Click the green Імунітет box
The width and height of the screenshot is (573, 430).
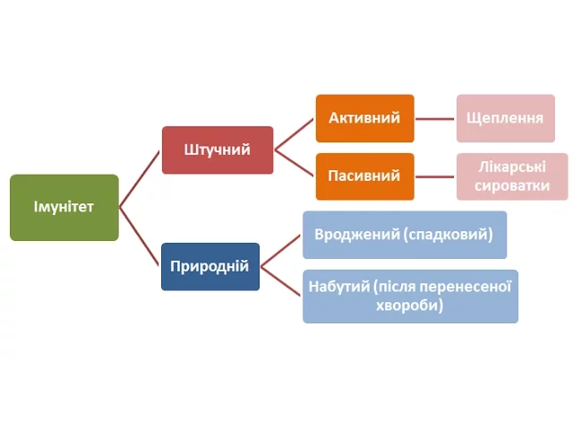point(64,207)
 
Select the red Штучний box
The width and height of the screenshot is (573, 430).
point(218,150)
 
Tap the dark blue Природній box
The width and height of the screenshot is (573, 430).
point(210,267)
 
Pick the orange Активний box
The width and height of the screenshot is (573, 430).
point(364,118)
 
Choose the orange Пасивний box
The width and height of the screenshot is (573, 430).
point(364,176)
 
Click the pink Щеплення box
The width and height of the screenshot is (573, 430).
point(506,118)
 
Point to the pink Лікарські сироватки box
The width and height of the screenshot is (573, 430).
point(512,176)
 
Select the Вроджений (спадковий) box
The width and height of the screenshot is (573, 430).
point(405,235)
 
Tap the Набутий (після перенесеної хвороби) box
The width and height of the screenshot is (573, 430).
point(410,297)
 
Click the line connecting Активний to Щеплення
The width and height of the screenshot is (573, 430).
point(435,119)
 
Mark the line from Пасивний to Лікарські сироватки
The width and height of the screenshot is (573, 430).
point(435,177)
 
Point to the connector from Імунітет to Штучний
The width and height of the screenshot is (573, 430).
point(140,179)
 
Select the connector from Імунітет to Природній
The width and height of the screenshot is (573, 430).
point(140,236)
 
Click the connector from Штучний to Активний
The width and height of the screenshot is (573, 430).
point(295,134)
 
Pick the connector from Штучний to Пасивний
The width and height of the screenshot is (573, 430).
point(295,163)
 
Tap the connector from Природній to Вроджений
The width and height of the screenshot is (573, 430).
point(280,251)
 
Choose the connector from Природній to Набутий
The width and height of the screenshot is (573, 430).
point(280,280)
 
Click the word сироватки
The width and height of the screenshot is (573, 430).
point(512,185)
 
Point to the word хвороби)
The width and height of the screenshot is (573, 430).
point(410,305)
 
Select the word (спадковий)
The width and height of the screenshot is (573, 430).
point(449,235)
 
